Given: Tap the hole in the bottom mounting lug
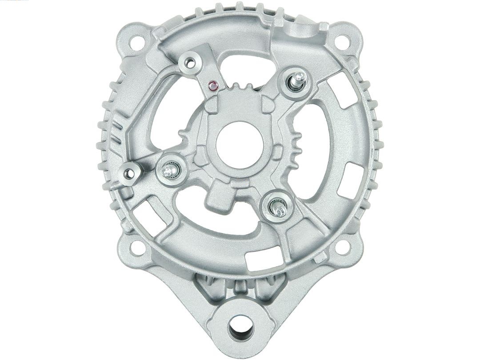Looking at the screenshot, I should [x=241, y=329].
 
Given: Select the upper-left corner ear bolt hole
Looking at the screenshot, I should [x=137, y=42].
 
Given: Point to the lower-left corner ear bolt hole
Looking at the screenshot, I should [x=137, y=248].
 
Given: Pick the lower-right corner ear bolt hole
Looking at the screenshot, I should [x=342, y=248].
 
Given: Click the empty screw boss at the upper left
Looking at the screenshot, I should [x=190, y=64].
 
